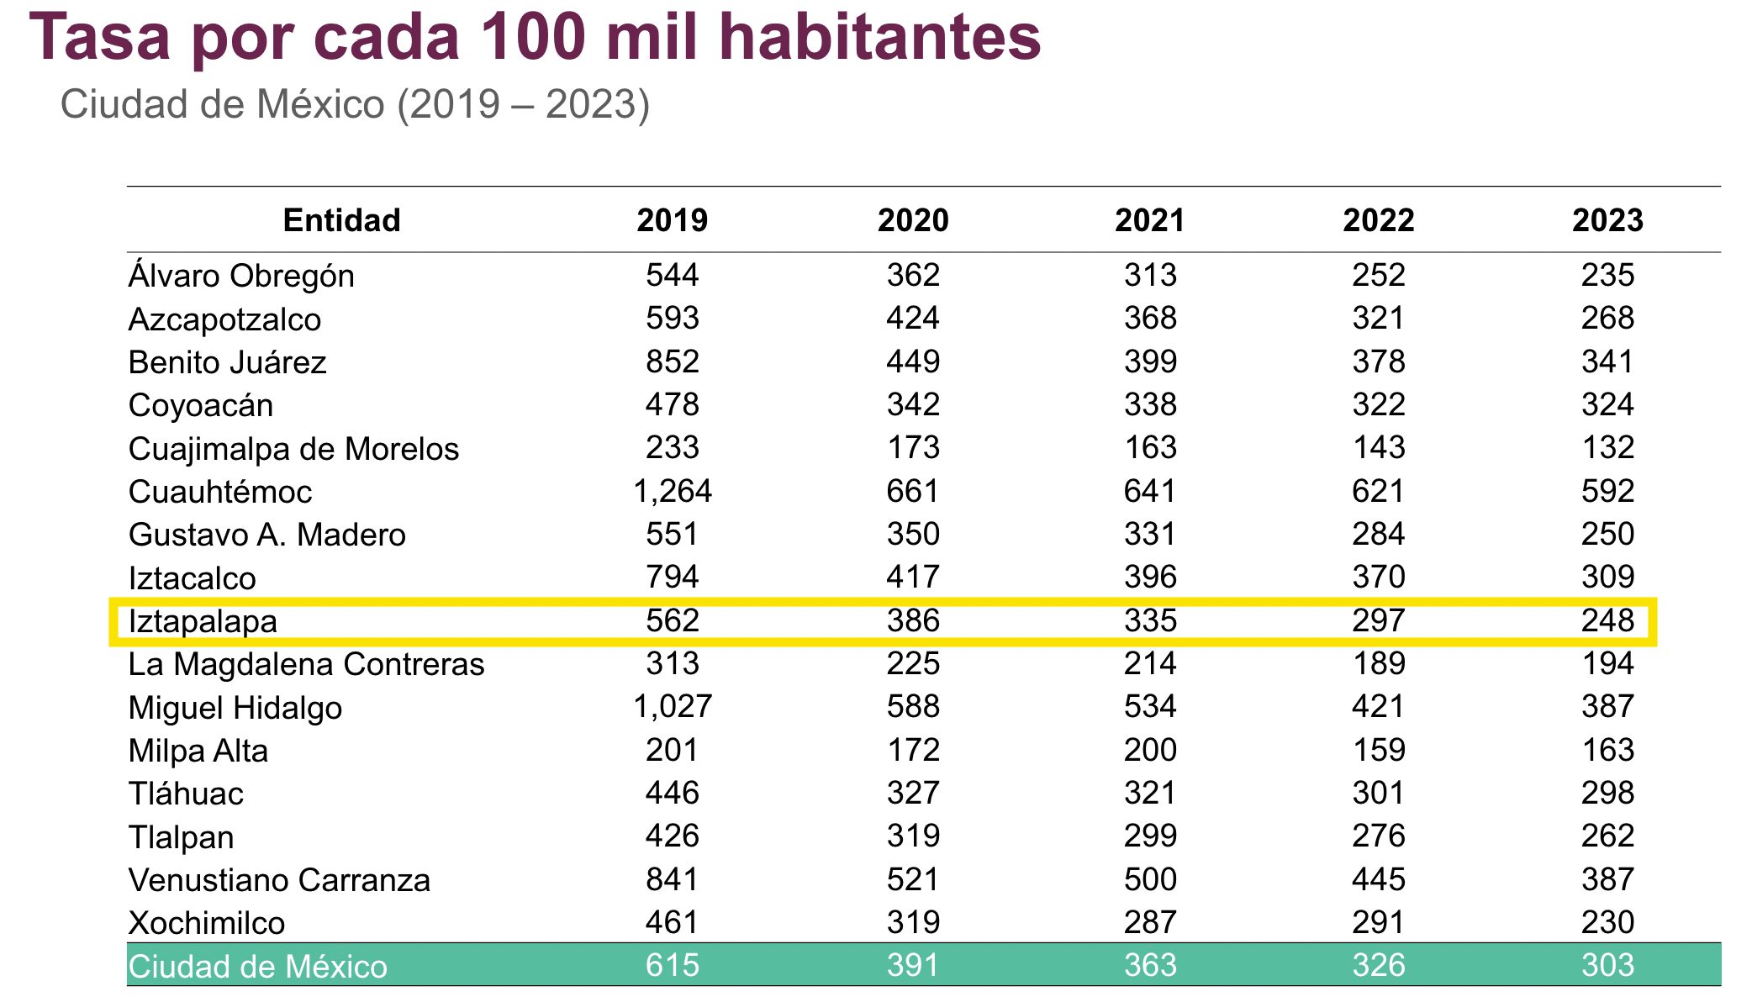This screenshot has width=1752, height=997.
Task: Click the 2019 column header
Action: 672,220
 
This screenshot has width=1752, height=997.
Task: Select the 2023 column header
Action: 1607,220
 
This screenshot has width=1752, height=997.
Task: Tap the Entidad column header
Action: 341,220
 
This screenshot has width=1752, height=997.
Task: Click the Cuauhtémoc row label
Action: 220,492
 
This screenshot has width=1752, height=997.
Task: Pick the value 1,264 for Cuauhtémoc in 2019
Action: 672,491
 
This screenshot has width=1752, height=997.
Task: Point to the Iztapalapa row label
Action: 203,621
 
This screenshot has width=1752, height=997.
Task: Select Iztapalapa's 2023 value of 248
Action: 1607,620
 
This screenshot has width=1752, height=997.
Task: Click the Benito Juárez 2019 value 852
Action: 672,361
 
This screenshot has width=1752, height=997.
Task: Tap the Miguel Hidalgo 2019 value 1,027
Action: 672,706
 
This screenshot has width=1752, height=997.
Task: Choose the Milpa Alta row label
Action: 198,751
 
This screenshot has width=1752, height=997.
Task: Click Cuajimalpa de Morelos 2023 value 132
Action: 1607,447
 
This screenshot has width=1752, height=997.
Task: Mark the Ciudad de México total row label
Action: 257,966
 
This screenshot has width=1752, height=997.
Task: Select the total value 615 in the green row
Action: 672,965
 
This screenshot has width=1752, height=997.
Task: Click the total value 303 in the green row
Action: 1607,965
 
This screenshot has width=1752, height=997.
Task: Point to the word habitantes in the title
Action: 880,38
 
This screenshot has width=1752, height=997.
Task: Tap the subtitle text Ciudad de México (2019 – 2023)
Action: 355,105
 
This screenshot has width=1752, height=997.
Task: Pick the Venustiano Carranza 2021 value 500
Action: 1150,879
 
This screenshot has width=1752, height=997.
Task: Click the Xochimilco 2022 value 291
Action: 1379,922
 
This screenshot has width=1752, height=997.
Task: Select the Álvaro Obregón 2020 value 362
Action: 913,275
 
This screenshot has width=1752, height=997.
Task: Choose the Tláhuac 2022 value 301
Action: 1379,793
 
